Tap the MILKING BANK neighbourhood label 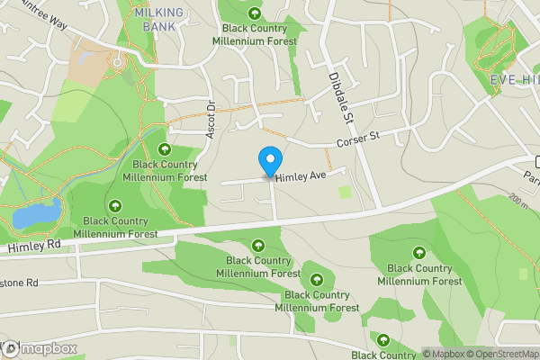coord(157,18)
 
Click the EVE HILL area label coord(515,80)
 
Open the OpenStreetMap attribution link coord(503,354)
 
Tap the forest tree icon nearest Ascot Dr coord(165,149)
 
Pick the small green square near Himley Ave coord(345,192)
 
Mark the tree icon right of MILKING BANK coord(255,13)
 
